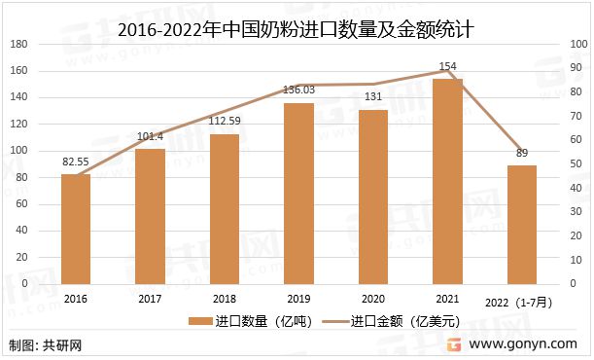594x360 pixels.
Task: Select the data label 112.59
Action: tap(225, 122)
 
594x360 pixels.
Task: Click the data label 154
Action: tap(447, 67)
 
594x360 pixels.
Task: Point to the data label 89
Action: tap(521, 153)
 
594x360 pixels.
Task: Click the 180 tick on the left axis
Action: tap(19, 45)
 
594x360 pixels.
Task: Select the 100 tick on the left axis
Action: tap(19, 151)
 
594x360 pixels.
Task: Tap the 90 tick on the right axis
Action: tap(576, 67)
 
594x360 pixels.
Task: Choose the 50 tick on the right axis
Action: tap(576, 163)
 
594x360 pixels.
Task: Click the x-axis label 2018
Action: tap(225, 300)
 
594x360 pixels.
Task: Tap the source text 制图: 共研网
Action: tap(45, 345)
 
